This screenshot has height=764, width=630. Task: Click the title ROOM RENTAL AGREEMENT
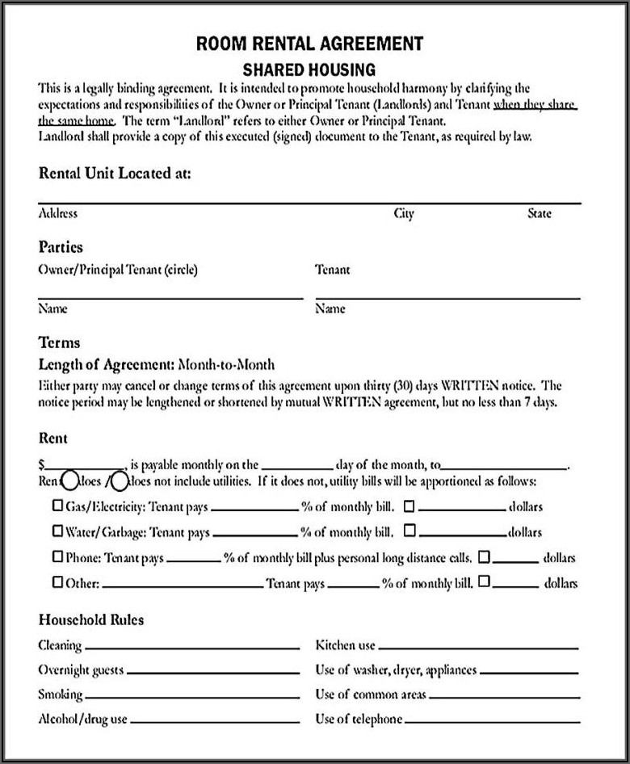(309, 44)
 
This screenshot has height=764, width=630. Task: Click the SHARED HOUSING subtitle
(309, 70)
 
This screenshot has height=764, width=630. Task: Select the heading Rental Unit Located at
(115, 173)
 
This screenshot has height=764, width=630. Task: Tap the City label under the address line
(404, 214)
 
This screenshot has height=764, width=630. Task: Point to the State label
(540, 214)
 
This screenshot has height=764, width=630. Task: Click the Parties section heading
(61, 247)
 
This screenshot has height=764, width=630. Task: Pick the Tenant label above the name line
(333, 270)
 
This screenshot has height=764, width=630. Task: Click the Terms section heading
(59, 342)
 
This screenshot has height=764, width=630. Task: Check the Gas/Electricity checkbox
(57, 506)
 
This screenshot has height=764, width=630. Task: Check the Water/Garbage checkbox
(57, 531)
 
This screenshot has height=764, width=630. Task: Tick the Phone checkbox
(57, 556)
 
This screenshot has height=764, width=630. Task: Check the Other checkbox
(57, 581)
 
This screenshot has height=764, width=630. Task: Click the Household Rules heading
(91, 620)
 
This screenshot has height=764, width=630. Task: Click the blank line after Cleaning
(194, 647)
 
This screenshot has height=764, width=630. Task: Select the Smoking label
(61, 695)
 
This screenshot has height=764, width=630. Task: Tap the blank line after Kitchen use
(478, 647)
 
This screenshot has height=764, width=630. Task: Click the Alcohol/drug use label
(82, 719)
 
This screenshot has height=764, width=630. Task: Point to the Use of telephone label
(359, 719)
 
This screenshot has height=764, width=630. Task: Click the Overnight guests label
(81, 670)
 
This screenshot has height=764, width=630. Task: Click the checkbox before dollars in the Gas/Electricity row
(409, 506)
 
